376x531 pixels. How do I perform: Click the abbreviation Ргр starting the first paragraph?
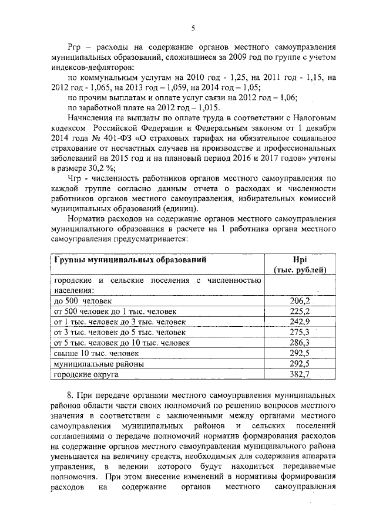(77, 46)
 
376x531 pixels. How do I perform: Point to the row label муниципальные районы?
(91, 364)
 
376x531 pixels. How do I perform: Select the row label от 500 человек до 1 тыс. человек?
(115, 311)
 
